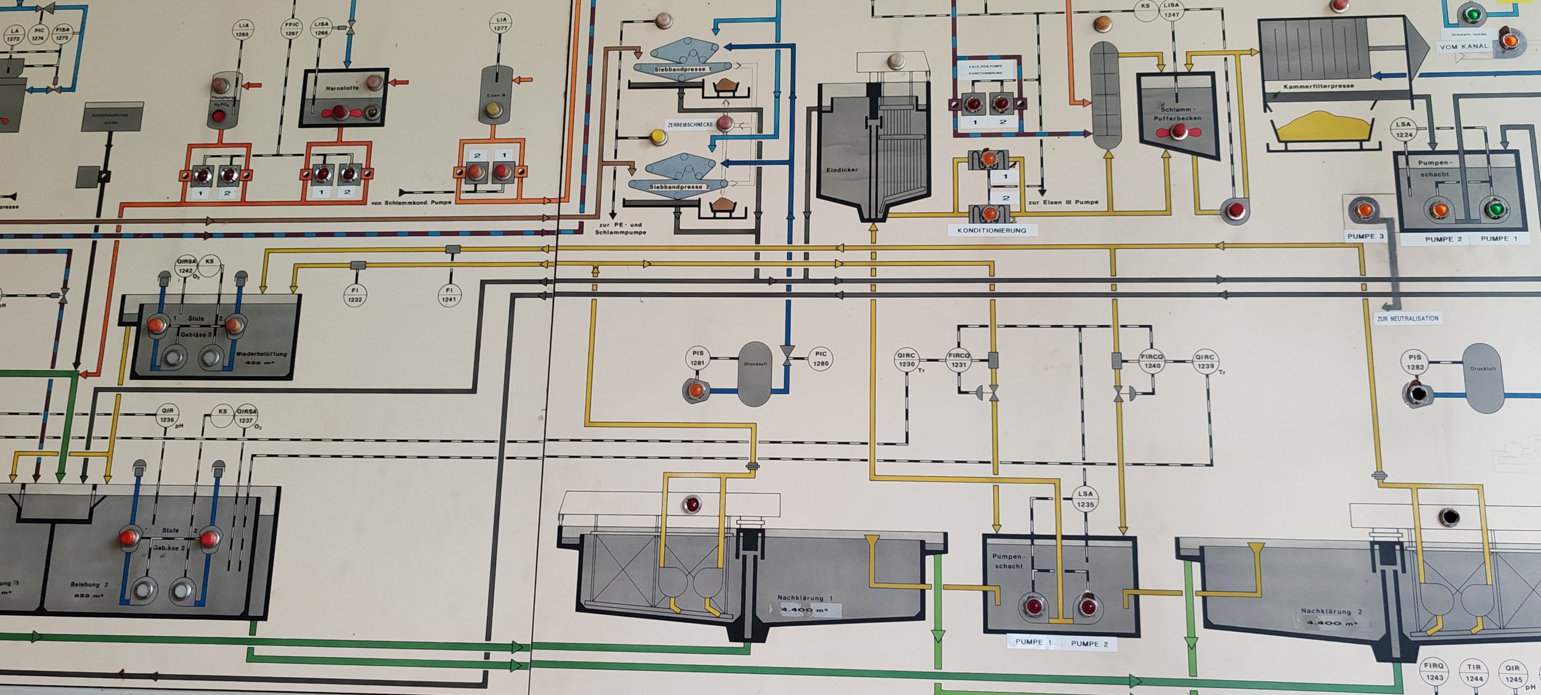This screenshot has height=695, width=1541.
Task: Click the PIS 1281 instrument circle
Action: point(697,358)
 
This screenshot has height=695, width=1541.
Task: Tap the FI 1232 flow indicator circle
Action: point(355,295)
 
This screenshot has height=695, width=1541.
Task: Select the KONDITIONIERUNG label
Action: point(991,230)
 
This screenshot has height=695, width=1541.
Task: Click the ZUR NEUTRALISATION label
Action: point(1407,319)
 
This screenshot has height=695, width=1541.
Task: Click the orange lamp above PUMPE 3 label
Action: point(1364,210)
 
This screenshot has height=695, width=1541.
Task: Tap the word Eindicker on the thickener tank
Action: point(841,170)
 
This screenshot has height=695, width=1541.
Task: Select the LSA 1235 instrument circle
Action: point(1085,498)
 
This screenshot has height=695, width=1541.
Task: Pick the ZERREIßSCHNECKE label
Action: point(690,125)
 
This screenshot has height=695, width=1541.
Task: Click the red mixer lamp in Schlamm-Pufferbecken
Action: point(1179,131)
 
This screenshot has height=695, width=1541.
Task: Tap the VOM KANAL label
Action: point(1463,47)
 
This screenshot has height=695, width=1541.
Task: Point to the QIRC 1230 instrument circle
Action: point(906,360)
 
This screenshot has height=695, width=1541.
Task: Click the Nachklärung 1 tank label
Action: point(804,597)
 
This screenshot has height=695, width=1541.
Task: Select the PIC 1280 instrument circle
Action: point(820,358)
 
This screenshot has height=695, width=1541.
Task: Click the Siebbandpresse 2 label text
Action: point(679,186)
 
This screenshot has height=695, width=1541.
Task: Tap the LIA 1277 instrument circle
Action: point(501,23)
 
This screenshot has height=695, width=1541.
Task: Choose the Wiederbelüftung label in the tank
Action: point(261,354)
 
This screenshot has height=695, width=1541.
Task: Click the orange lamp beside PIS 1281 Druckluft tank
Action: point(695,390)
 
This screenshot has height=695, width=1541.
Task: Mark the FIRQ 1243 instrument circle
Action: point(1434,671)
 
